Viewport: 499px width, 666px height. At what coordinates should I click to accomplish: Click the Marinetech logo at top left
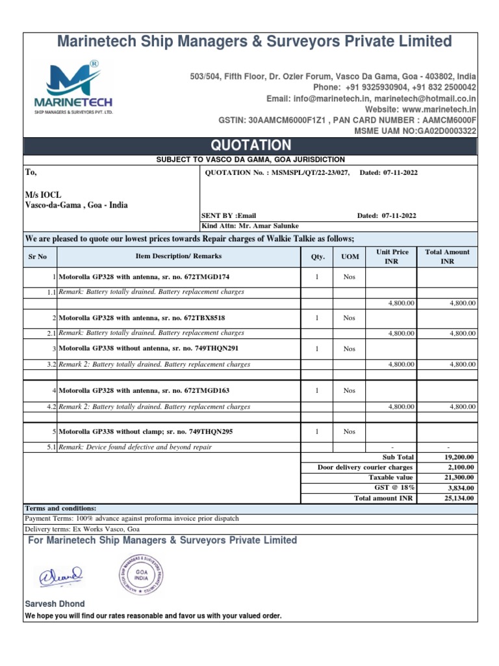coord(73,87)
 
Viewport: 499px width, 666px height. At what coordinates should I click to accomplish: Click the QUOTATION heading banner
coord(249,145)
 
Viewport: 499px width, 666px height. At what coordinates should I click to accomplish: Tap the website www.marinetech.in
coord(420,109)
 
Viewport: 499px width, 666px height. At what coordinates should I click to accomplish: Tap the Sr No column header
coord(38,257)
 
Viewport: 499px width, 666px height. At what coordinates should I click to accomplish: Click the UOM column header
coord(350,257)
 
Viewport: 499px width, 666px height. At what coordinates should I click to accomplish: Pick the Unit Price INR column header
coord(392,256)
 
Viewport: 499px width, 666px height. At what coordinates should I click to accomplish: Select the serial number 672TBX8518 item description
coord(142,318)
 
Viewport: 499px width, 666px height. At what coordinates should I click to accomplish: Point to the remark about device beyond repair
coord(135,447)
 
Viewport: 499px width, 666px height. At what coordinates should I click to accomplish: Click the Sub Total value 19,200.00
coord(461,457)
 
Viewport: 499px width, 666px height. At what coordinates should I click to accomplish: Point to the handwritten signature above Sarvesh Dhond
coord(59,575)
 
